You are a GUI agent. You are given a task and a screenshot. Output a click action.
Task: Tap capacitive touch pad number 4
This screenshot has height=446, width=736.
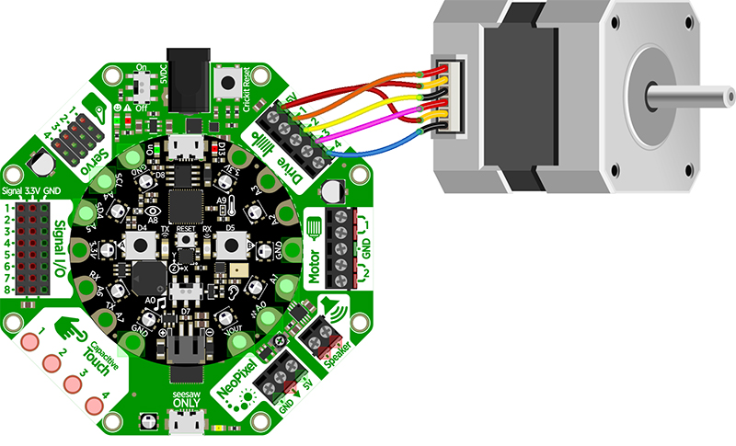94,406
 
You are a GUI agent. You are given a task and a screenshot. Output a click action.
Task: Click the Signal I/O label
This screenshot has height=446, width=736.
60,248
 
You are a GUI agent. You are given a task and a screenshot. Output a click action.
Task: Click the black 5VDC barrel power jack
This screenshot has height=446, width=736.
184,72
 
